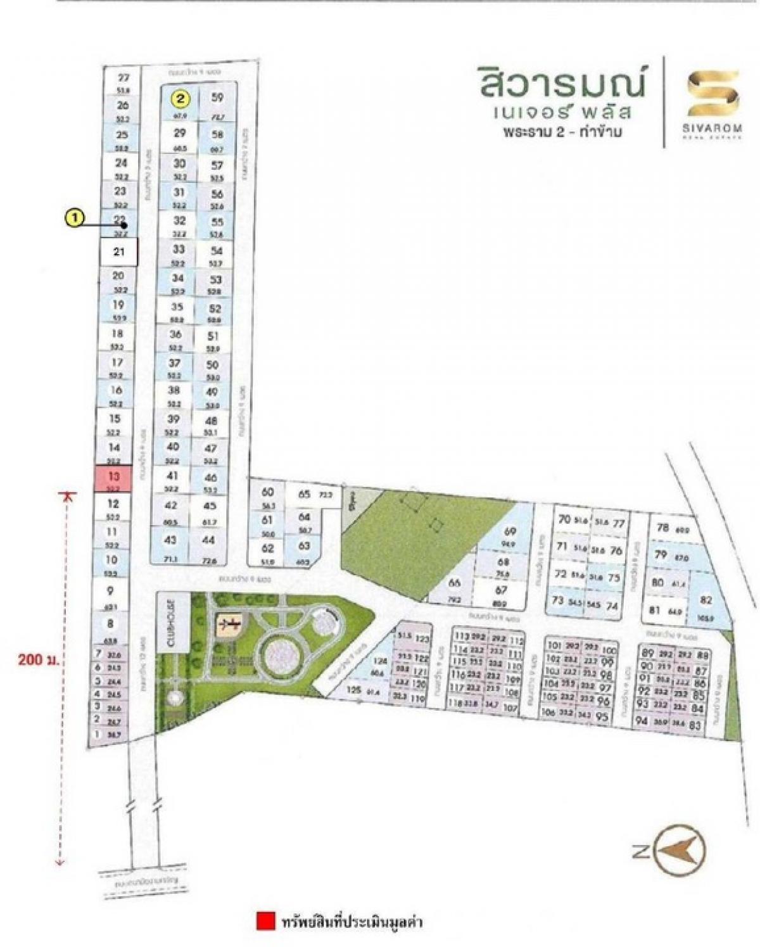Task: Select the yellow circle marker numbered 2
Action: point(181,99)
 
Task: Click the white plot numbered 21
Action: point(118,251)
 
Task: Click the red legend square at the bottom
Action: point(265,921)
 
